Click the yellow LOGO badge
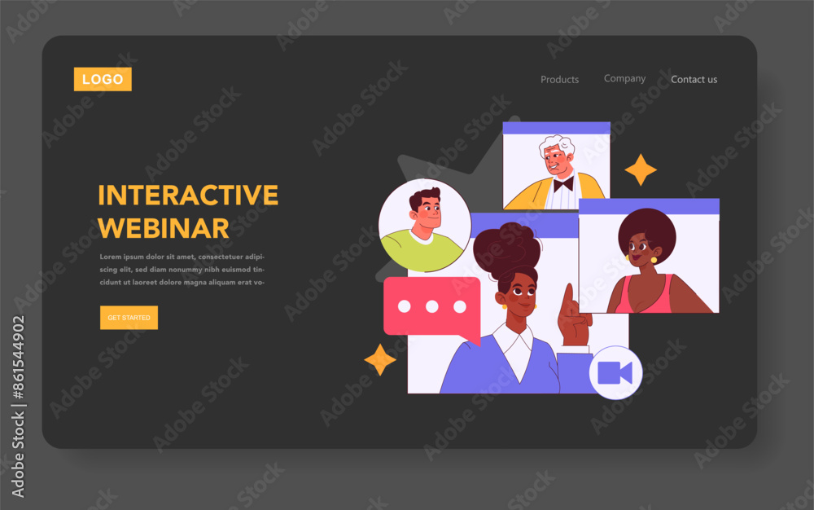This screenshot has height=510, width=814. (x=103, y=79)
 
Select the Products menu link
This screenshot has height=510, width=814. (x=560, y=80)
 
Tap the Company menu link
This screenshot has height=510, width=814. (x=624, y=78)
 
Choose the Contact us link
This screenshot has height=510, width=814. (x=694, y=80)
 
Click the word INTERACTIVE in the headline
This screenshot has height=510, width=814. (x=188, y=196)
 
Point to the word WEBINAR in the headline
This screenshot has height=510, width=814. (x=164, y=228)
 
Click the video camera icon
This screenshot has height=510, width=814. (x=615, y=372)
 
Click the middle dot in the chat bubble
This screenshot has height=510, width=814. (x=432, y=307)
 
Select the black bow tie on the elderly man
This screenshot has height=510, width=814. (x=563, y=184)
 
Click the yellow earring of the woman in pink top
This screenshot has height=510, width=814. (x=654, y=260)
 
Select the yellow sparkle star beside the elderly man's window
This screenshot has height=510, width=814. (x=641, y=169)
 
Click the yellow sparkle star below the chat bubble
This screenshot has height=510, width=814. (x=380, y=359)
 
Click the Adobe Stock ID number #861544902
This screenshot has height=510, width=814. (x=18, y=358)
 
